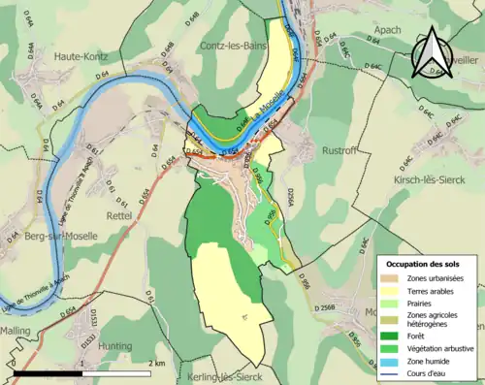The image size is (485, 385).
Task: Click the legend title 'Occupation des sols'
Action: [x=424, y=263]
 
